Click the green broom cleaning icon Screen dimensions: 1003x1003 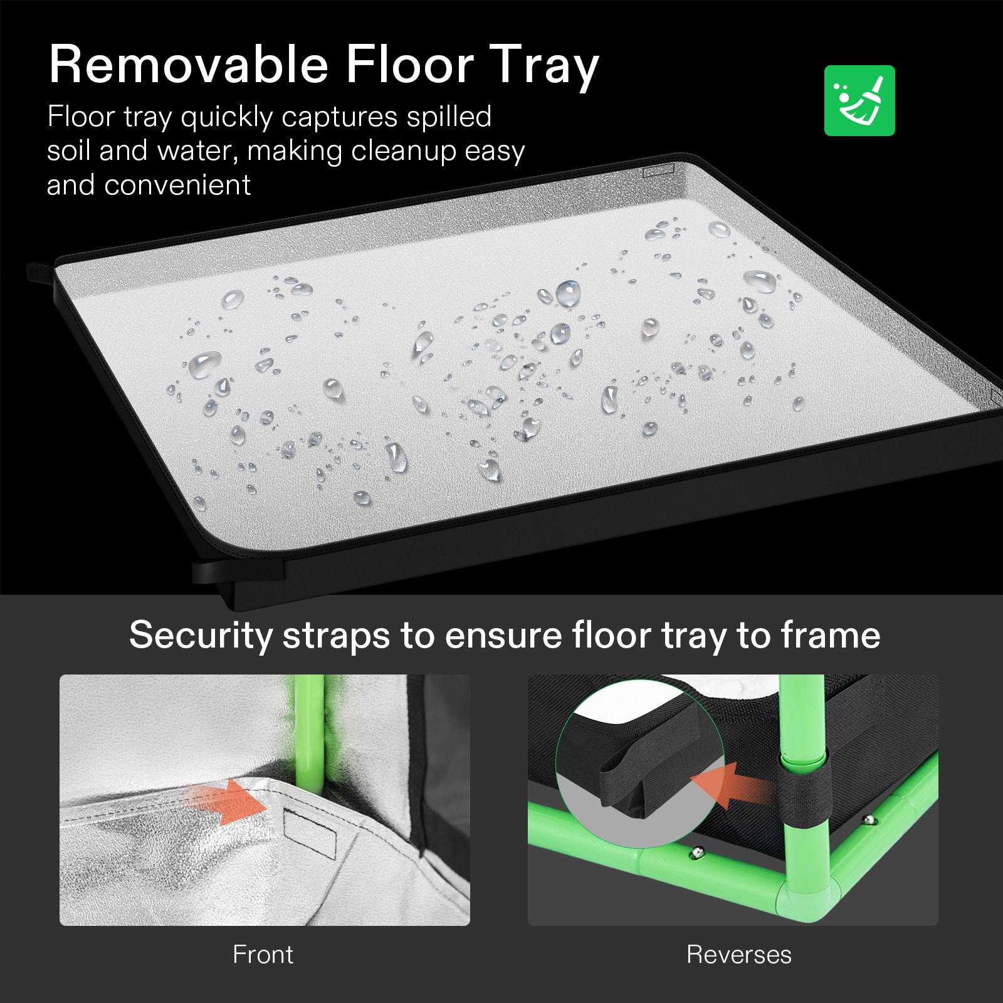point(859,100)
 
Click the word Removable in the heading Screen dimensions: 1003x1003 point(189,65)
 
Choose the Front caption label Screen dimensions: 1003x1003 point(263,954)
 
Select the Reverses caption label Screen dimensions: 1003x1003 point(738,954)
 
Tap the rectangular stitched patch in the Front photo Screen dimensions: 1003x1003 point(310,833)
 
